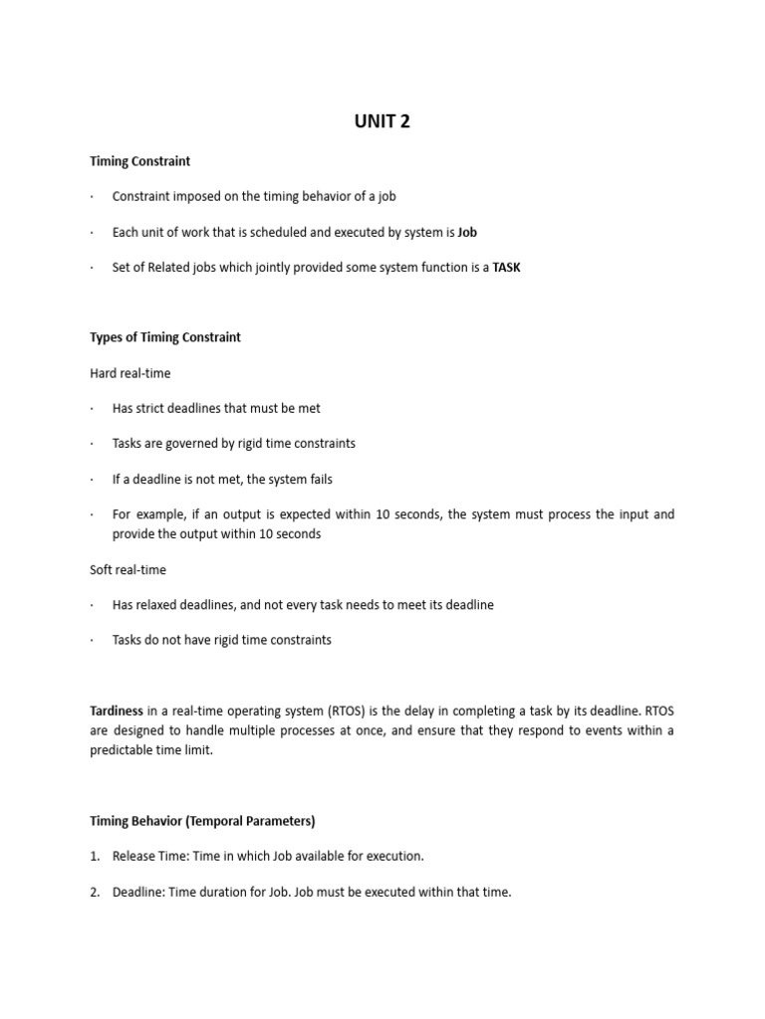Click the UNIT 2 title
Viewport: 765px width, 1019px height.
[x=382, y=121]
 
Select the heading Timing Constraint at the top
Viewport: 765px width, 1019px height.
[x=139, y=160]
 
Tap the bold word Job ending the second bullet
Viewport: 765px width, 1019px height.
[x=467, y=232]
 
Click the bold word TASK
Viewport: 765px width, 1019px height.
[x=506, y=268]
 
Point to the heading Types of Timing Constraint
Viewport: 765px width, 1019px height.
[x=165, y=337]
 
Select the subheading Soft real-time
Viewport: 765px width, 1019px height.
[x=127, y=570]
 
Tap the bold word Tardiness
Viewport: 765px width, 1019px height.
[x=117, y=711]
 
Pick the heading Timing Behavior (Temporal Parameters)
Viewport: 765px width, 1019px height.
[x=202, y=821]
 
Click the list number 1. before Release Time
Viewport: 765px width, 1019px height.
[x=95, y=856]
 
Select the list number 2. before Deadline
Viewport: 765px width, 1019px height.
[x=95, y=892]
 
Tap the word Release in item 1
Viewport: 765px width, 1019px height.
[x=133, y=856]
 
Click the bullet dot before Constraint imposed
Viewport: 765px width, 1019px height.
[x=92, y=196]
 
